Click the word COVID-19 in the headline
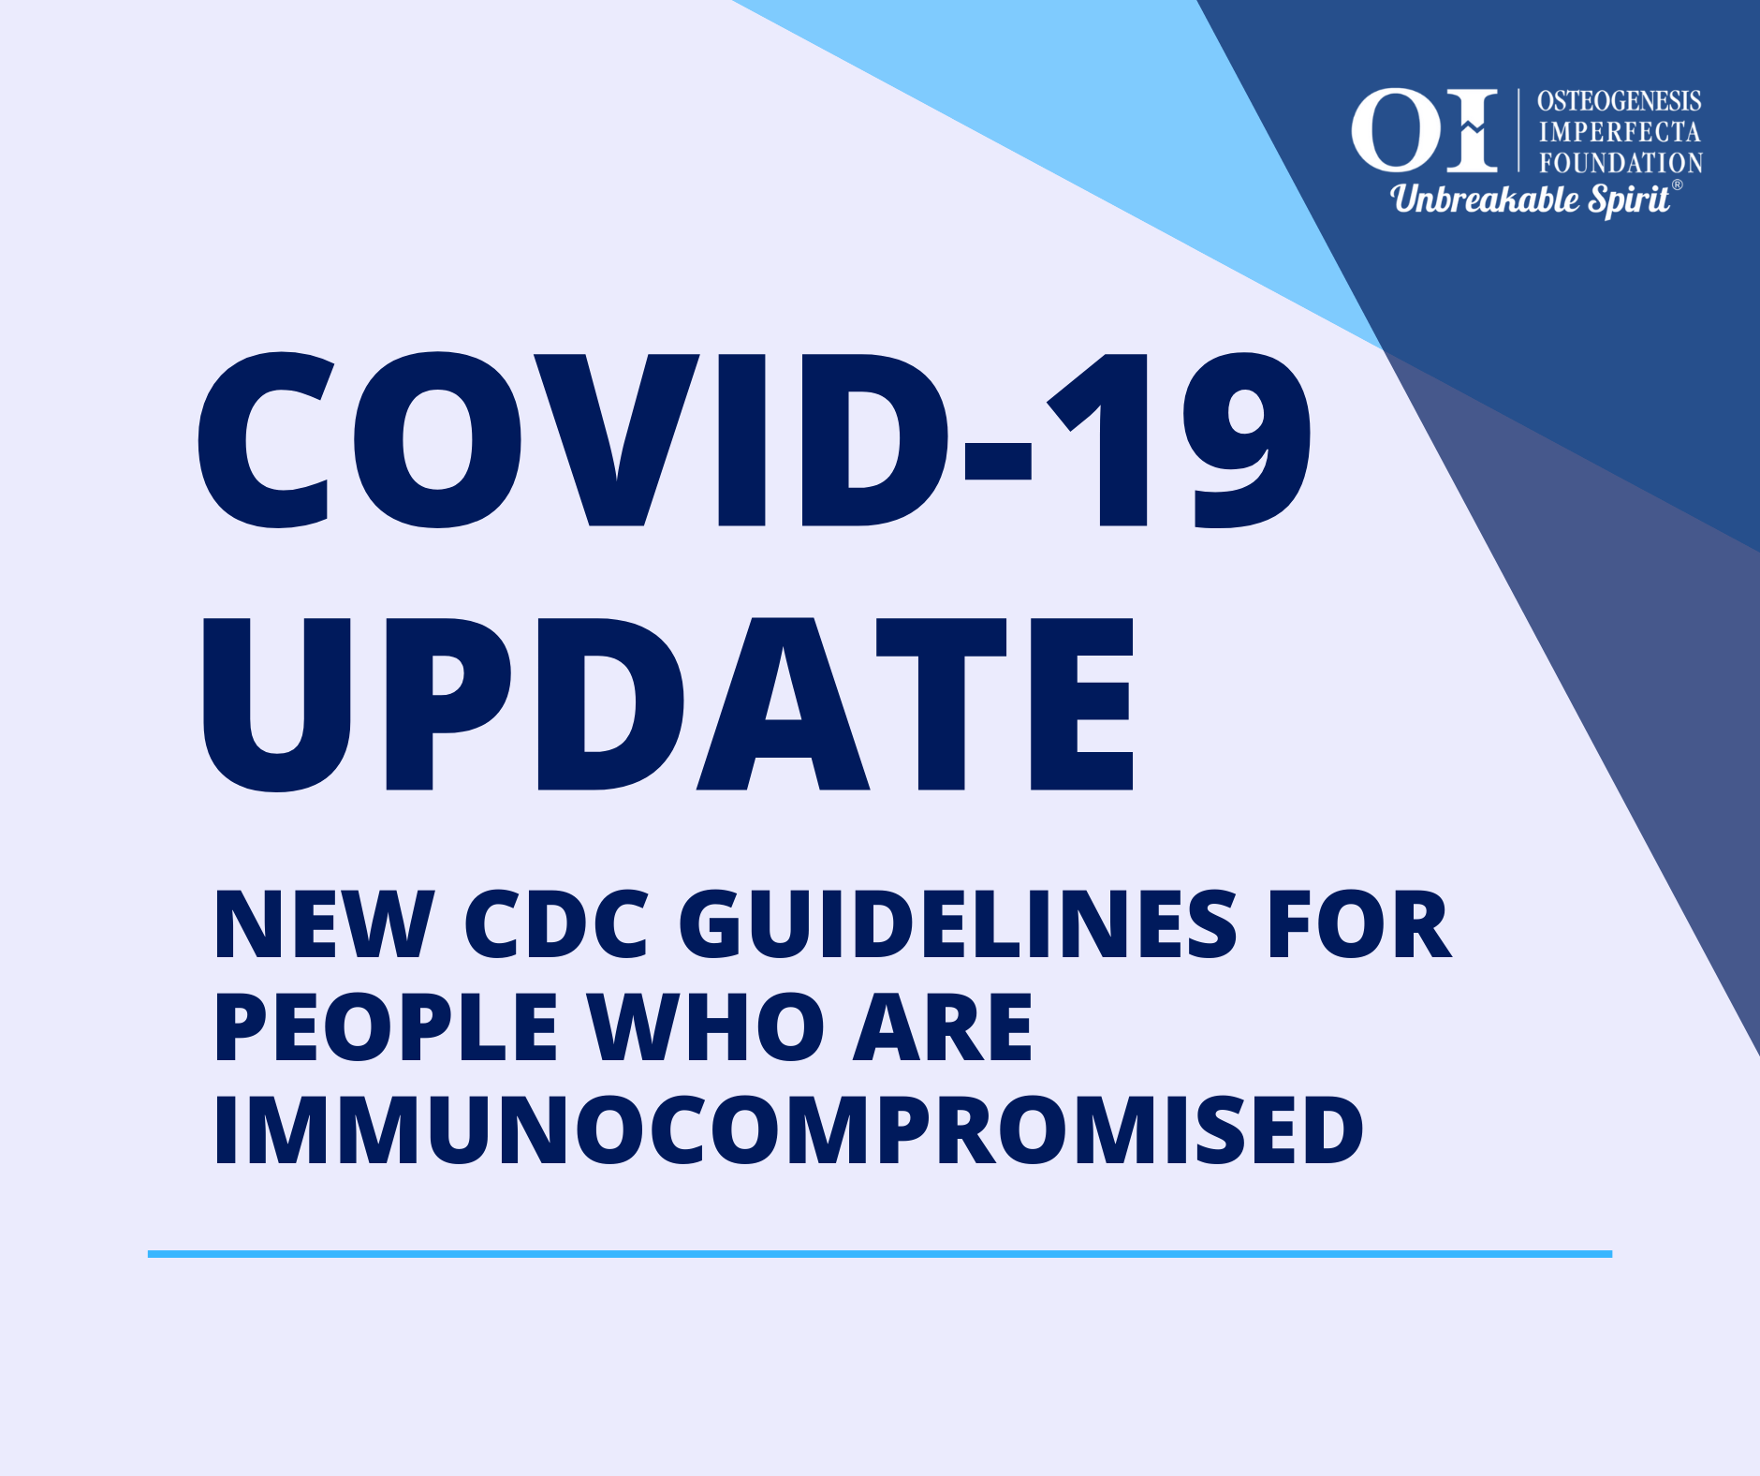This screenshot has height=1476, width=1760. pos(755,440)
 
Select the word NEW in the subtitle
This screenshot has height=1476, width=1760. pos(324,925)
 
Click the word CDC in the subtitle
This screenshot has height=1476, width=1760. pos(556,925)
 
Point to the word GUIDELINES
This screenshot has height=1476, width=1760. pos(958,925)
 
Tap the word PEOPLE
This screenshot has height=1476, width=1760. pos(386,1027)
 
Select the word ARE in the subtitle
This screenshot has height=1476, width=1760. pos(943,1027)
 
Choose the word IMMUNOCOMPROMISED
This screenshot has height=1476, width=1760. pos(788,1130)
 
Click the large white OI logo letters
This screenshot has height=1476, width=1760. pos(1424,130)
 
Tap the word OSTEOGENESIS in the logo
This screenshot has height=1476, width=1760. pos(1620,101)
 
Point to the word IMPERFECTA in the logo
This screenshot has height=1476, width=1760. pos(1620,132)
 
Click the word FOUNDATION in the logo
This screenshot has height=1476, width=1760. pos(1621,163)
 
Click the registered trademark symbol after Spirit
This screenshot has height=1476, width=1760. pos(1678,184)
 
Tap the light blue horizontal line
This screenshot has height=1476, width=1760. pos(880,1253)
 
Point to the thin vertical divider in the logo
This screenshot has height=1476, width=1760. pos(1518,130)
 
